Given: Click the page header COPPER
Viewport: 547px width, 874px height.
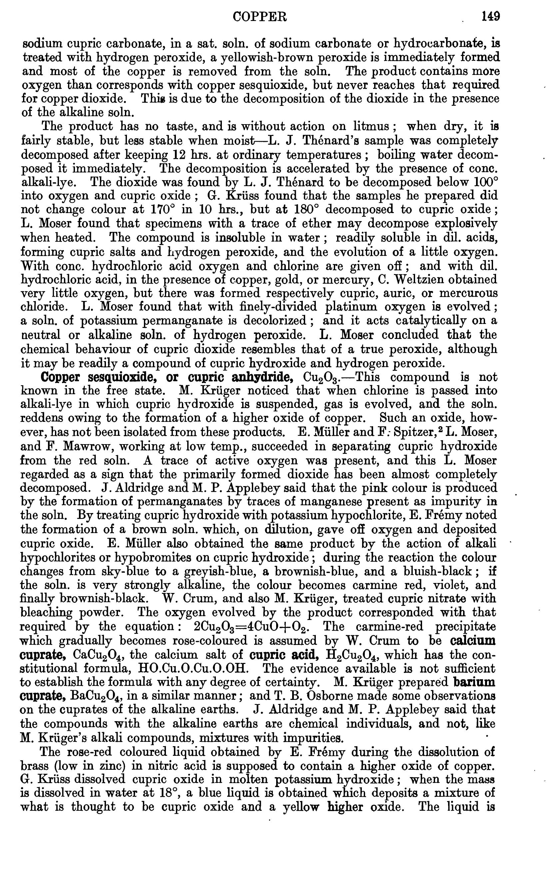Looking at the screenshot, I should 260,17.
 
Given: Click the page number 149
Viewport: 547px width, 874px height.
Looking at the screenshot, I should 490,17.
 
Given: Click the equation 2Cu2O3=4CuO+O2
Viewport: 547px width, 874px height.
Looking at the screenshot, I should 252,627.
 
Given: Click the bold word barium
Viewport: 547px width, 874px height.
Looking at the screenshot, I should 474,682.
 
